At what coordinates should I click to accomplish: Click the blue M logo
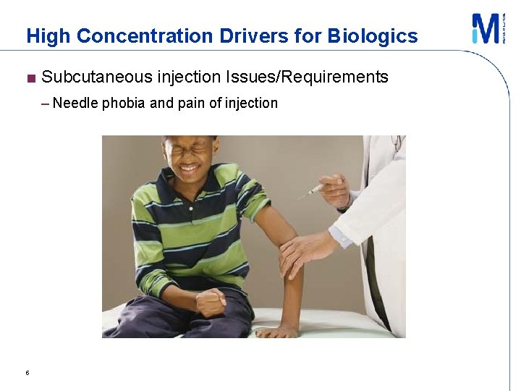pyautogui.click(x=486, y=29)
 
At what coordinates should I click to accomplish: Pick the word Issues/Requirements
pyautogui.click(x=307, y=77)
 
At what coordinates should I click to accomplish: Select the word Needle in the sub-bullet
pyautogui.click(x=75, y=103)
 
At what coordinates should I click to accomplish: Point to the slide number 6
pyautogui.click(x=27, y=373)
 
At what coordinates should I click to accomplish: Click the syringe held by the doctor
pyautogui.click(x=311, y=190)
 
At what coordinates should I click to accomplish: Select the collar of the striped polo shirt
pyautogui.click(x=171, y=188)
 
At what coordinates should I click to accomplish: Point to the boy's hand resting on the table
pyautogui.click(x=276, y=332)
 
